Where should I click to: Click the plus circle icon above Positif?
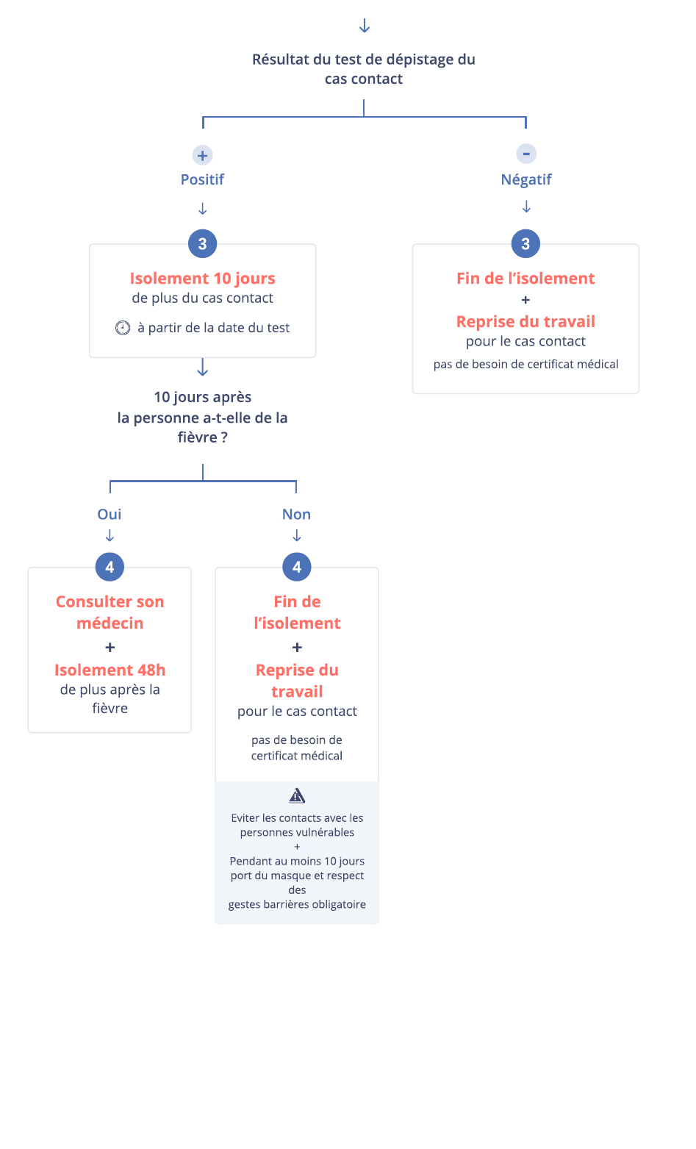[x=203, y=155]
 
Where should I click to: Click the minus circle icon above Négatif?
[x=525, y=154]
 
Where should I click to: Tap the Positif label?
[x=202, y=179]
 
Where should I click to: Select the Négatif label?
[x=525, y=179]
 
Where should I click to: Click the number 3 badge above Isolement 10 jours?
[x=203, y=243]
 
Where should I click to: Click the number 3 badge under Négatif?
[x=525, y=243]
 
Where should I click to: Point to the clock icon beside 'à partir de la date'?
[x=123, y=328]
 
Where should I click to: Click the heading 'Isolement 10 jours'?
[x=203, y=278]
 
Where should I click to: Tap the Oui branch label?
[x=110, y=514]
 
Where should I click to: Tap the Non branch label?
[x=296, y=514]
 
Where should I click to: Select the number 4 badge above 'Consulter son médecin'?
[x=110, y=567]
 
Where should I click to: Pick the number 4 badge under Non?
[x=297, y=567]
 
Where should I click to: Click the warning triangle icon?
[x=297, y=795]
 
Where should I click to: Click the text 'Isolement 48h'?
[x=110, y=670]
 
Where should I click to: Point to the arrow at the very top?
[x=364, y=26]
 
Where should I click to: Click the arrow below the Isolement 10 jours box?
[x=203, y=368]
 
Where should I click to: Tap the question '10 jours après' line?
[x=203, y=397]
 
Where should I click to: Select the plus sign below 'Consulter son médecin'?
[x=110, y=648]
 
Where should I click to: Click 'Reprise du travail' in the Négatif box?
[x=525, y=321]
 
